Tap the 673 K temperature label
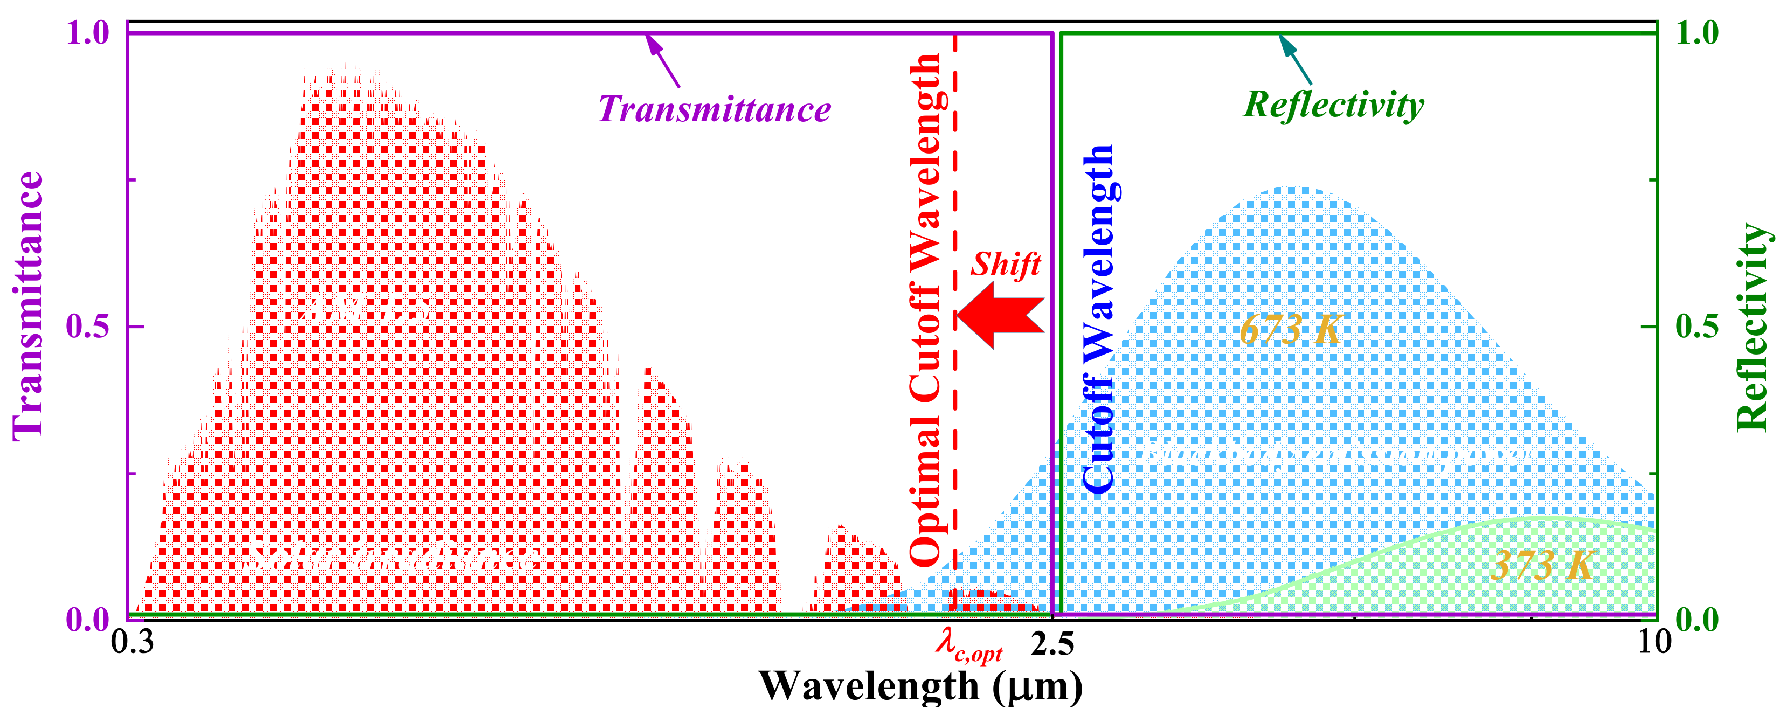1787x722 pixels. pos(1291,329)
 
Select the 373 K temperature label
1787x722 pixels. pos(1543,565)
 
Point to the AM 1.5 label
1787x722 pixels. pos(365,309)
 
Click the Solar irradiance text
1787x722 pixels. pos(391,556)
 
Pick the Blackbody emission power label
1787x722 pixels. pos(1338,455)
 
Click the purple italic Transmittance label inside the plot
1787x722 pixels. pos(715,109)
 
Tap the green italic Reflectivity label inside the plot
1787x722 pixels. pos(1333,106)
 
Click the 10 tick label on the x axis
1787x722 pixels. pos(1654,643)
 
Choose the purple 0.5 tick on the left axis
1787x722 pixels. pos(87,326)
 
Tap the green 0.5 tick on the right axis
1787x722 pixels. pos(1697,326)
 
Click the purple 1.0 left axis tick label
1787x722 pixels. pos(87,32)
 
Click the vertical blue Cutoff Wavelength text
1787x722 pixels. pos(1098,319)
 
